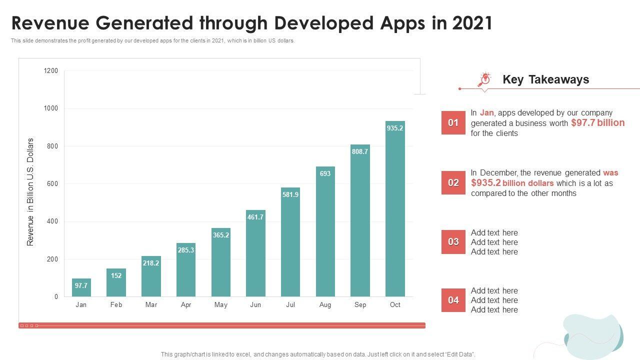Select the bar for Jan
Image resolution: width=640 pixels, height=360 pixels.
coord(81,288)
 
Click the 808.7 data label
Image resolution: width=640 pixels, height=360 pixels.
coord(360,151)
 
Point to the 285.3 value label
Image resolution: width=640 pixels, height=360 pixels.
coord(186,250)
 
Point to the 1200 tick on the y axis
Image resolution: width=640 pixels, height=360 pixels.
coord(51,71)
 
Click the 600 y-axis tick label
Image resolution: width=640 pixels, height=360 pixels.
coord(52,184)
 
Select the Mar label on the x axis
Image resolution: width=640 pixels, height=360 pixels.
coord(151,304)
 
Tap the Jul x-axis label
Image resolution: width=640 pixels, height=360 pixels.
coord(290,304)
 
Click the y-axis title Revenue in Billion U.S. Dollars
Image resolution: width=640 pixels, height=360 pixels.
coord(30,191)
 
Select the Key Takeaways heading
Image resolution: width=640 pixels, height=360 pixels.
coord(545,79)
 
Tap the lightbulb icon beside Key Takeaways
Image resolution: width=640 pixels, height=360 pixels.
coord(484,79)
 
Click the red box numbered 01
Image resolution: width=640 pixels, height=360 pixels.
coord(453,123)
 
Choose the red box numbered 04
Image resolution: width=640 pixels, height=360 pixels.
coord(453,300)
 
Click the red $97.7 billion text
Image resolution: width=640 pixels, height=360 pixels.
coord(597,123)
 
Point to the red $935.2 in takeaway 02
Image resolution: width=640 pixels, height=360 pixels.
coord(486,183)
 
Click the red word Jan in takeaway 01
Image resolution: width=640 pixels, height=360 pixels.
coord(487,113)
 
